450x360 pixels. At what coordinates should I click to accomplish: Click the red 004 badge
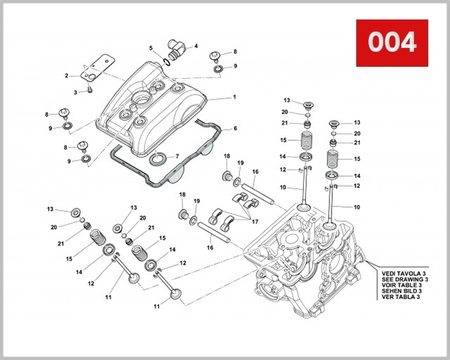pos(391,42)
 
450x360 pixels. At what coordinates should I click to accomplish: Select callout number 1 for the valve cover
pos(234,97)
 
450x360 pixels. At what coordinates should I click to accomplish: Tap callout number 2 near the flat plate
pos(67,75)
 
